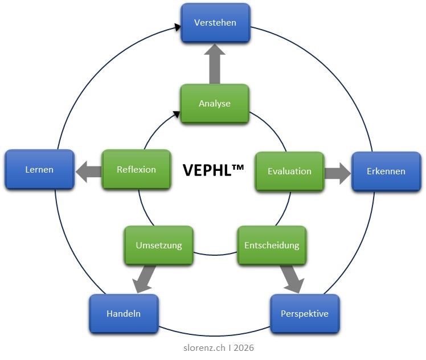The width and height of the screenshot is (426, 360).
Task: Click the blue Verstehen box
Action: [x=215, y=23]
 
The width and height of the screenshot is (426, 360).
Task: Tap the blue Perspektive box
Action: [x=305, y=314]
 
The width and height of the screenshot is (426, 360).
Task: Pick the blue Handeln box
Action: [x=124, y=314]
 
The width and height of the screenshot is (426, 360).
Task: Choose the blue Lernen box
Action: [x=39, y=170]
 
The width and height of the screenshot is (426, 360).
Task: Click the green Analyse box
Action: [x=215, y=104]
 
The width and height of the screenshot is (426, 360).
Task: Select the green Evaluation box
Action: [x=289, y=171]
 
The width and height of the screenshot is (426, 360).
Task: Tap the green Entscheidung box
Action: [x=272, y=246]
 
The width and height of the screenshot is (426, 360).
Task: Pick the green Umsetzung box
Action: [x=159, y=246]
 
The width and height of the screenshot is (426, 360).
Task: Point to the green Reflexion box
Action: [x=136, y=169]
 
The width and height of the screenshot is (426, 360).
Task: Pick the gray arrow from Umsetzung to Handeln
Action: [x=144, y=279]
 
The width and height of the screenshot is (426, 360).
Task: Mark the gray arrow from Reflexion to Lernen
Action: [x=88, y=171]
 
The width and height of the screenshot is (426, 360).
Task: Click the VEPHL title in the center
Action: [x=206, y=170]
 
